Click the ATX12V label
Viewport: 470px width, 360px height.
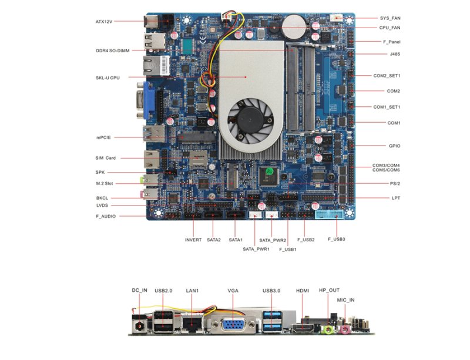(104, 22)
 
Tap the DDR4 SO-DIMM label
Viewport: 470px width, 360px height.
(112, 51)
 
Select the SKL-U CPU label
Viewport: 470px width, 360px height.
(108, 78)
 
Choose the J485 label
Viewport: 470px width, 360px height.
(395, 54)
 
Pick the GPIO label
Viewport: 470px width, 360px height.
(394, 146)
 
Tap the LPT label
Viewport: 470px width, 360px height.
(396, 198)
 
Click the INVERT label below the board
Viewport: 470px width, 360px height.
(193, 240)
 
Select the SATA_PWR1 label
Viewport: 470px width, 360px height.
(256, 250)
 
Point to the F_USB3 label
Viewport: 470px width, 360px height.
(337, 240)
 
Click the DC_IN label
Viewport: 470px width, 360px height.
(139, 291)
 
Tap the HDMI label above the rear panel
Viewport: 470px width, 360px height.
(303, 291)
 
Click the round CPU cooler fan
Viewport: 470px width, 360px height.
(247, 117)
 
